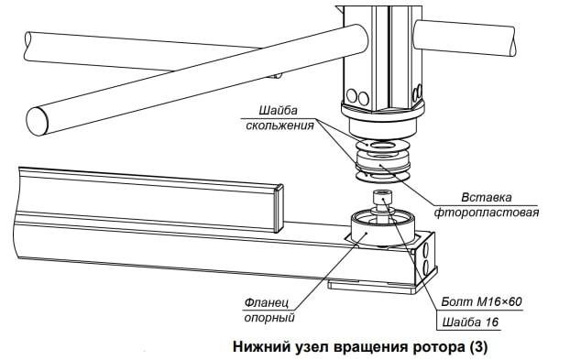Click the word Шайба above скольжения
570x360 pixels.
point(278,110)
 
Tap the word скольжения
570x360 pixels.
point(280,125)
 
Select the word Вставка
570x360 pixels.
point(487,198)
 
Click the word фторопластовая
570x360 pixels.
point(487,213)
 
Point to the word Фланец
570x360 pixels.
point(267,302)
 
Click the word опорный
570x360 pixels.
point(269,318)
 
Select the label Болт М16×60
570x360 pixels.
point(481,301)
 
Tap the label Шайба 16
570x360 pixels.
point(470,322)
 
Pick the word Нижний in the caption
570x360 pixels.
point(260,346)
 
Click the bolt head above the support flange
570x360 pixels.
point(382,198)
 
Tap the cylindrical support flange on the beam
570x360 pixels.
point(381,230)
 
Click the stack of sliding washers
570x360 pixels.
point(382,159)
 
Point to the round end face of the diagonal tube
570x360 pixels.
point(37,121)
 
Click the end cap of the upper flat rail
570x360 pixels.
point(279,208)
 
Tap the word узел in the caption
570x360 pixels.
point(312,348)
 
